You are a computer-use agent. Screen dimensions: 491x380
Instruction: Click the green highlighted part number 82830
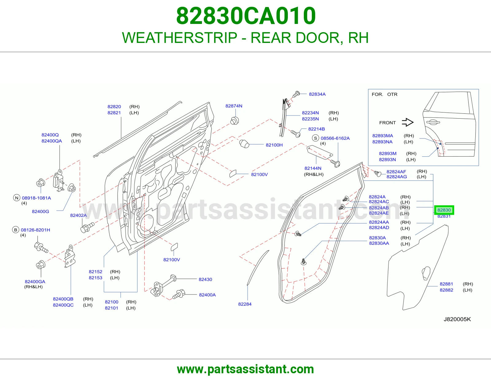tap(444, 210)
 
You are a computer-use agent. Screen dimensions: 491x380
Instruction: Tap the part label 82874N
tap(234, 106)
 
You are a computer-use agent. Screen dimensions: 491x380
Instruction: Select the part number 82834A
tap(317, 94)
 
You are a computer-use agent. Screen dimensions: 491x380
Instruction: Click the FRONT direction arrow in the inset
tap(408, 122)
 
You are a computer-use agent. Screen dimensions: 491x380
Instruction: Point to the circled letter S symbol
tap(315, 138)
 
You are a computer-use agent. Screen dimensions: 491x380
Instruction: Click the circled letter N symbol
tap(17, 198)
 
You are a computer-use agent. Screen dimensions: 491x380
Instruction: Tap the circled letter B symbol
tap(15, 230)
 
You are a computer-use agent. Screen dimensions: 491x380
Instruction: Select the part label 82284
tap(245, 304)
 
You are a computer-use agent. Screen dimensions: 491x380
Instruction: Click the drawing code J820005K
tap(457, 319)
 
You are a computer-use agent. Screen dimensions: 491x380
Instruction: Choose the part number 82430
tap(205, 279)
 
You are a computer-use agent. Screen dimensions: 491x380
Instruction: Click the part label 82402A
tap(78, 215)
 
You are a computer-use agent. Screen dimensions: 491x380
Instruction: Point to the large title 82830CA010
tap(246, 16)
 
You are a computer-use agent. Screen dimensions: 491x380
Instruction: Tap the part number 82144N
tap(313, 168)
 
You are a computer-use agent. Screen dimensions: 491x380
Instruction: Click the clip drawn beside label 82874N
tap(234, 121)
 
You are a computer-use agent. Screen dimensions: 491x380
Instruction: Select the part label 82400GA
tap(35, 281)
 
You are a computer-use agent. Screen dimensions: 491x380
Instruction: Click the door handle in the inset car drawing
tap(433, 122)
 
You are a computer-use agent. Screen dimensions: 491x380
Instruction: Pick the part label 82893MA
tap(383, 136)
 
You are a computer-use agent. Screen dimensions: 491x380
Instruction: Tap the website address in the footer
tap(245, 369)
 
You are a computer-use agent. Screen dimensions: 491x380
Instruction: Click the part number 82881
tap(446, 284)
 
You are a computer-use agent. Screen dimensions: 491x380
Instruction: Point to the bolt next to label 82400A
tap(179, 294)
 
